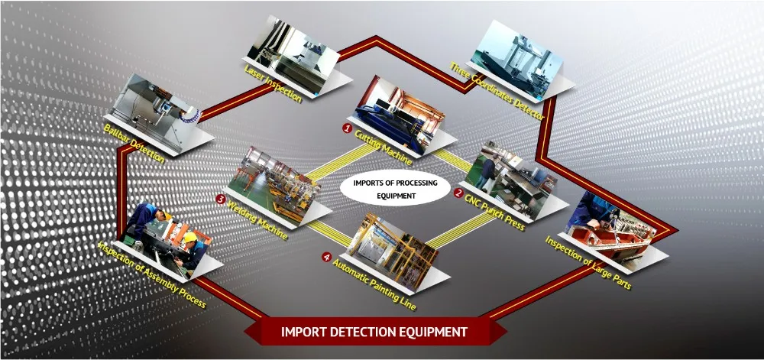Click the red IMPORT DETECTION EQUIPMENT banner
click(x=374, y=332)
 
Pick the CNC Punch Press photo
click(x=511, y=177)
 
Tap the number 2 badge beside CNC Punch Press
click(x=458, y=193)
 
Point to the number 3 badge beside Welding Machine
click(x=220, y=199)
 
